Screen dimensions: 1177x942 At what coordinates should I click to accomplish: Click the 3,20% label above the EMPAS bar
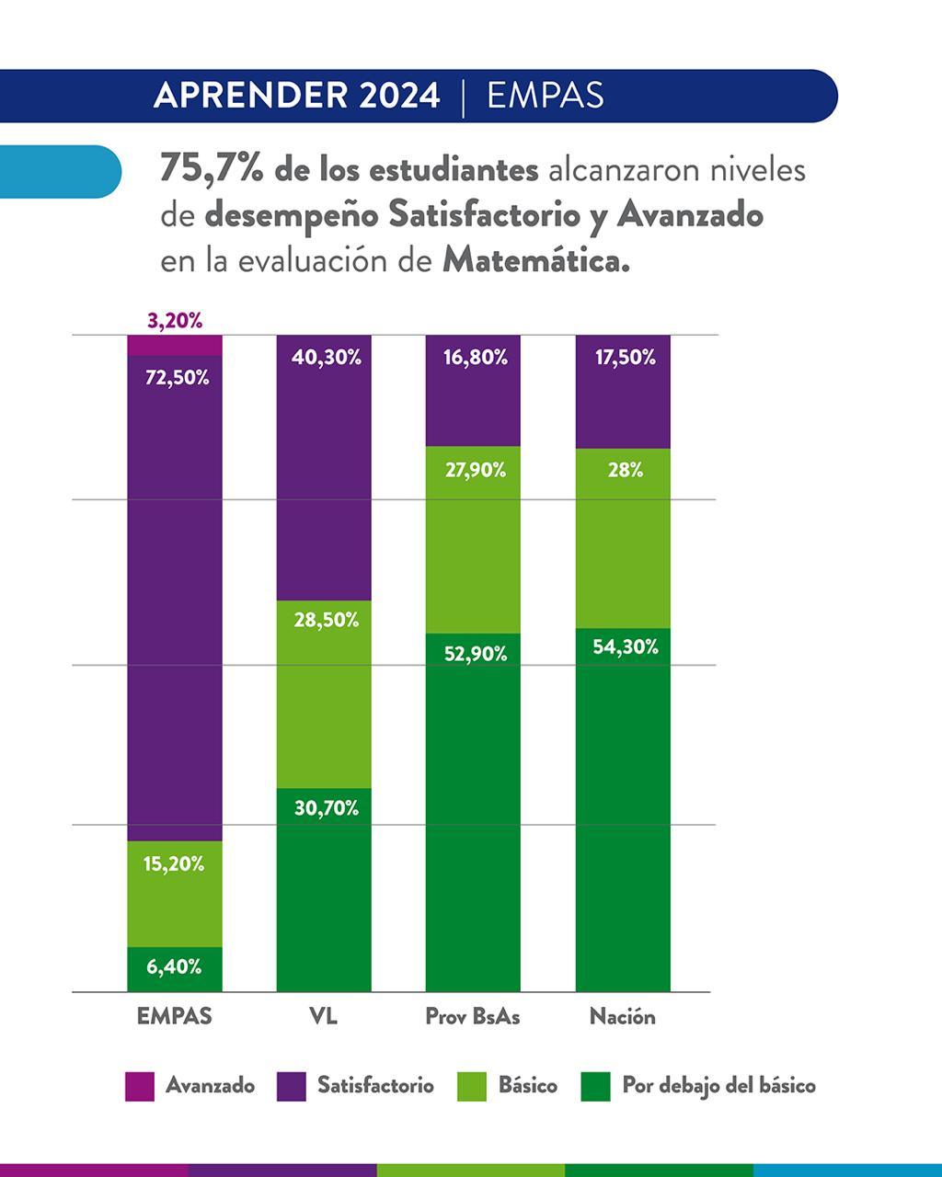point(175,321)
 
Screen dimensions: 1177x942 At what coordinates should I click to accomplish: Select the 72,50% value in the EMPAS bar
point(176,377)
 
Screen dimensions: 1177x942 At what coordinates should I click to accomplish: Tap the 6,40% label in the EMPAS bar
point(174,966)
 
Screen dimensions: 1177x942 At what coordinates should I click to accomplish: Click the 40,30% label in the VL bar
point(326,358)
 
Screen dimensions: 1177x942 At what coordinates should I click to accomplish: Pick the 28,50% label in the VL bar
point(326,620)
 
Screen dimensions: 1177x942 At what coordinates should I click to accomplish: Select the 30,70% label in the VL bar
point(326,808)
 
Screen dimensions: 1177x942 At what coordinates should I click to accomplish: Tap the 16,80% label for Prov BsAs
point(475,358)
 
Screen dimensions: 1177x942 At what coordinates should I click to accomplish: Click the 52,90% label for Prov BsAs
point(475,654)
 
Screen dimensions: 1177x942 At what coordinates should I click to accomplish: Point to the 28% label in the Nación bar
point(625,470)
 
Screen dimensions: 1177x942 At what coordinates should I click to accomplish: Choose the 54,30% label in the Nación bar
point(625,647)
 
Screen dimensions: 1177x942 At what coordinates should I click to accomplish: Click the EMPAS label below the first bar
point(174,1016)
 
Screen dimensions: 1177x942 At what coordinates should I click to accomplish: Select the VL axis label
point(323,1016)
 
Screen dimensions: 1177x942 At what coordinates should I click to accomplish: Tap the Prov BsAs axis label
point(473,1016)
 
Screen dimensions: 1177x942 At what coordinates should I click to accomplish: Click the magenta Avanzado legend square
point(140,1086)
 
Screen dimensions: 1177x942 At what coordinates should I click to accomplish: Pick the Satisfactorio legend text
point(375,1086)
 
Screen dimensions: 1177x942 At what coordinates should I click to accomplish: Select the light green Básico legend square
point(472,1086)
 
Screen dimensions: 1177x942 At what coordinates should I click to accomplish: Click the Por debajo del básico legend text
point(718,1086)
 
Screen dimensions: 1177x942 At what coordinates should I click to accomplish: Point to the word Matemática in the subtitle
point(535,261)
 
